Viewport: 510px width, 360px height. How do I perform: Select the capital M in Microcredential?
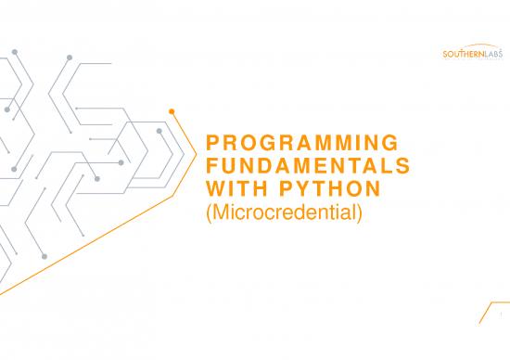point(215,211)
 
